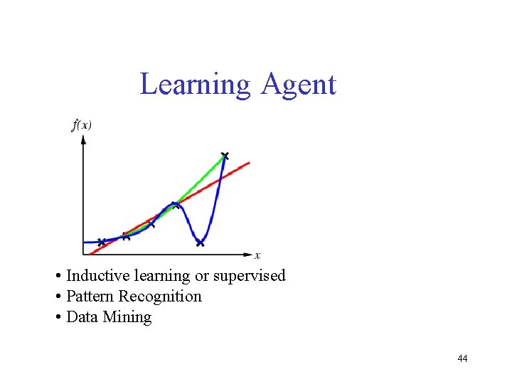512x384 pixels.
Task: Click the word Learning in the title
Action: point(196,85)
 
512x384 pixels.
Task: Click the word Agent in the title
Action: point(298,85)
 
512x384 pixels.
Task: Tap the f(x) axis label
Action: point(82,125)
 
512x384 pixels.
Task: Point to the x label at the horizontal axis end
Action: point(257,255)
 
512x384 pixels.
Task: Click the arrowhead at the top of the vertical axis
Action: point(83,139)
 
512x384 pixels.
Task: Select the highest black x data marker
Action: point(225,155)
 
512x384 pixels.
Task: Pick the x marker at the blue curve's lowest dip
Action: point(200,243)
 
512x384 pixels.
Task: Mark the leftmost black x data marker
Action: point(101,242)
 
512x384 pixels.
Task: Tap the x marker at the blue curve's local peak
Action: point(174,205)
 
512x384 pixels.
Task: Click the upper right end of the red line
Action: point(248,163)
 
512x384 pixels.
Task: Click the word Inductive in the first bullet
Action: point(94,276)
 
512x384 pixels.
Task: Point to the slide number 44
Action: point(462,358)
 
